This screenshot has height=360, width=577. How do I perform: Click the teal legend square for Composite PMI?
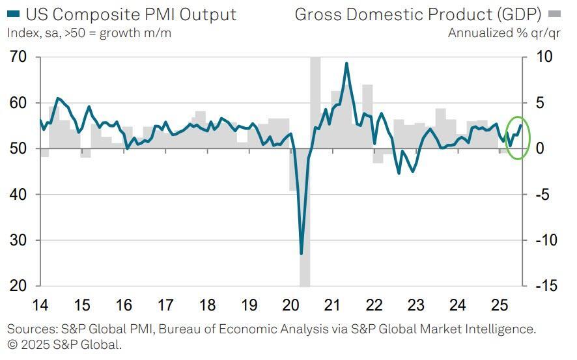tap(12, 14)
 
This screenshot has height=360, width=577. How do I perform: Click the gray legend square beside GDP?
tap(554, 14)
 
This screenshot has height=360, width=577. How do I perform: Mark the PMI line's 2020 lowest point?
tap(301, 253)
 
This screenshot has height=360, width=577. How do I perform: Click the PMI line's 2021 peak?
tap(346, 63)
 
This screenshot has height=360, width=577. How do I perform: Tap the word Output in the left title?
tap(207, 14)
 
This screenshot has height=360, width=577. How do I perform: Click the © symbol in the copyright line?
tap(12, 344)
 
